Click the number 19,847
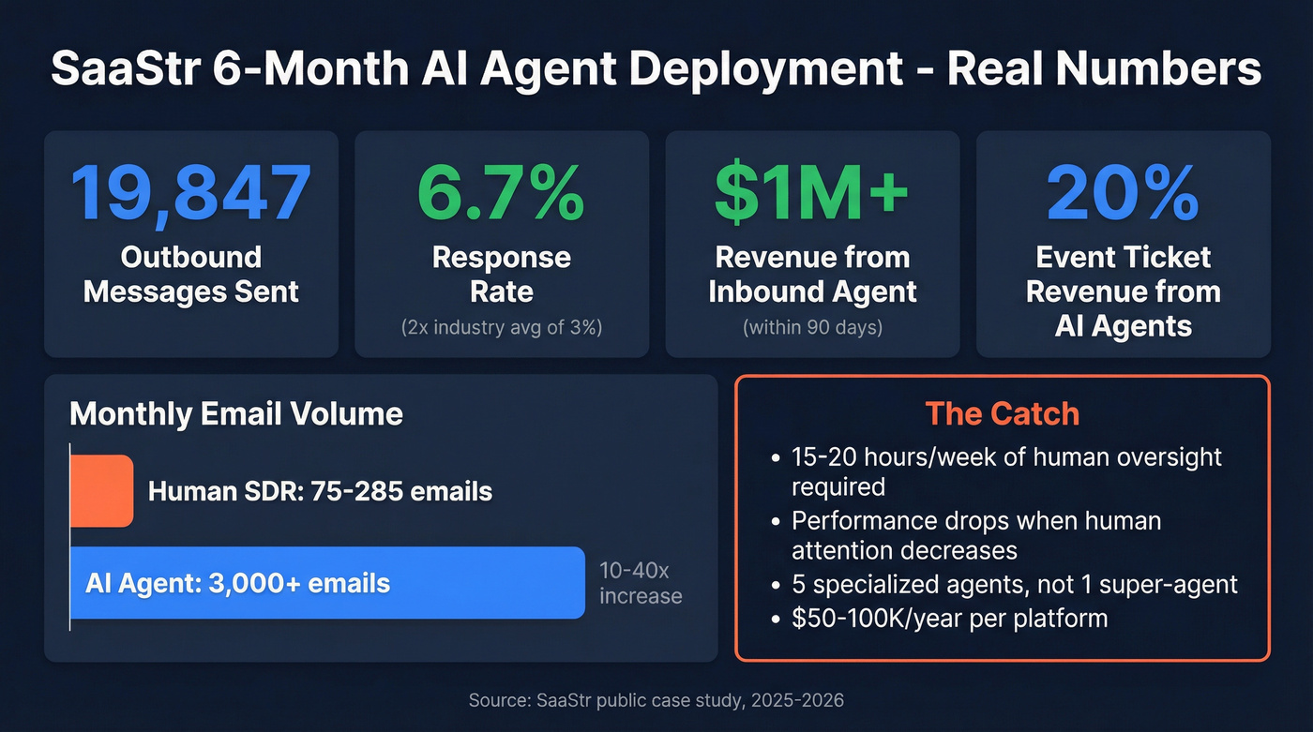[x=191, y=191]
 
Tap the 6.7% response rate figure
[x=501, y=191]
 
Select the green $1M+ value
[x=812, y=191]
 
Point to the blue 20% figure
[x=1123, y=191]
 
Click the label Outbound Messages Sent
[x=191, y=274]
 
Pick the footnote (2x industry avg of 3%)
[x=501, y=328]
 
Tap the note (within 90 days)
[x=812, y=328]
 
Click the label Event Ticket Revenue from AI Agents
[x=1123, y=291]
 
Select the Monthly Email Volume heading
[x=236, y=414]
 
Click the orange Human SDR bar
[x=102, y=490]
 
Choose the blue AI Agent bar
[x=328, y=583]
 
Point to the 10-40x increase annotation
[x=641, y=583]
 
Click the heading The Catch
[x=1002, y=413]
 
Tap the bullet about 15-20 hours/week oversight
[x=1005, y=471]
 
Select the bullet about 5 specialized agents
[x=1014, y=585]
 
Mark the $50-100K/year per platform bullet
[x=949, y=618]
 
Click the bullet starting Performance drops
[x=975, y=534]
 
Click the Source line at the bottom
[x=656, y=699]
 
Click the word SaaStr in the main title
[x=123, y=71]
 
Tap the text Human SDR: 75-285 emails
[x=320, y=490]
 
